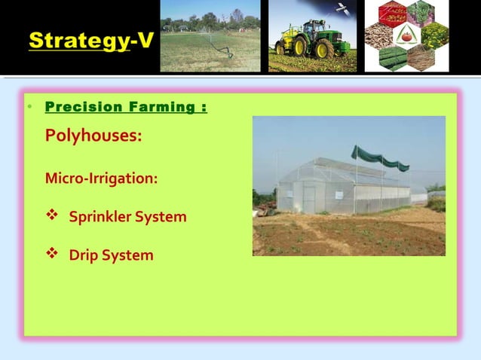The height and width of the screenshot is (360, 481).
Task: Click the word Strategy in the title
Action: pos(78,41)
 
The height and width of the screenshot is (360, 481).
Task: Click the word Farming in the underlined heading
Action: pos(159,107)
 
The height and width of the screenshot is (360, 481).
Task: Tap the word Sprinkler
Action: pos(100,217)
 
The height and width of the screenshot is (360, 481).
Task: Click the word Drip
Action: pos(84,255)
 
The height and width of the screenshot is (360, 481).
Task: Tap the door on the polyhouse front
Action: pos(308,198)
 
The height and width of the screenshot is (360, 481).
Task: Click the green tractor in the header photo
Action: pos(305,41)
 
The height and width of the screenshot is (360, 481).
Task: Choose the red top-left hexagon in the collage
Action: pos(393,14)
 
